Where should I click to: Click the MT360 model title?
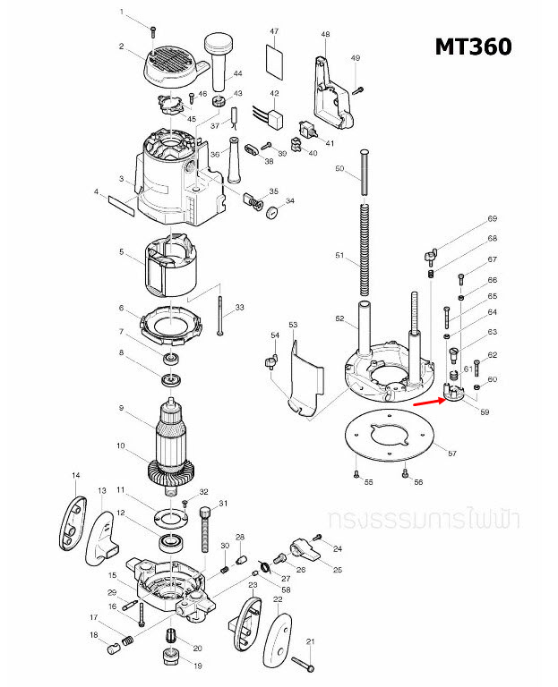pos(473,46)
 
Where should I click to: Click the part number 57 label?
pos(452,454)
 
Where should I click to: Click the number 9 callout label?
pos(122,409)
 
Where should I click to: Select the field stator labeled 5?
pos(171,265)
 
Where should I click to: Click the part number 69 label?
pos(492,219)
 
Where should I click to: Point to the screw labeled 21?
pos(304,663)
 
